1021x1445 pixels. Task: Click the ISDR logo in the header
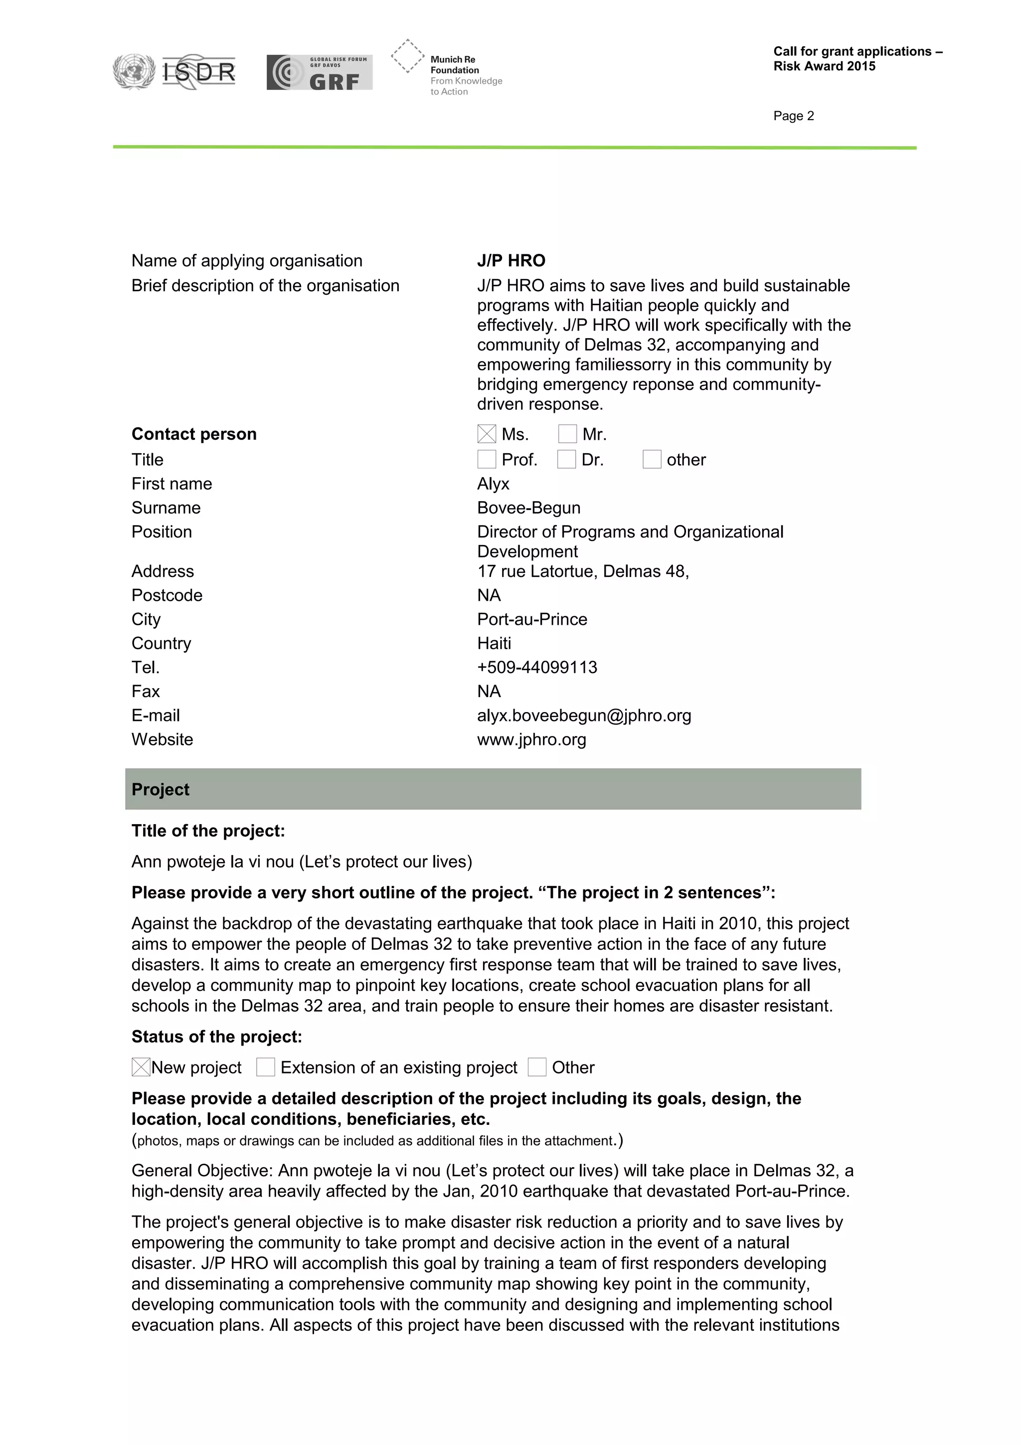pos(175,71)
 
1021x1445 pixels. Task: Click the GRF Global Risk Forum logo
pos(319,72)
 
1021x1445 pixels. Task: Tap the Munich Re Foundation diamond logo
pos(408,56)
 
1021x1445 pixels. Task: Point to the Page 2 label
pos(793,116)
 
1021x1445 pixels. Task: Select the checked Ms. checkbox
pos(486,434)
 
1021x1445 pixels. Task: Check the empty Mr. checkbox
pos(567,434)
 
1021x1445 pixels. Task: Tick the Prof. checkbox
pos(486,459)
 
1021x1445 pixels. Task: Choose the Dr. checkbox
pos(566,459)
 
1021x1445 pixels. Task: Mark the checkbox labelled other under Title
pos(652,459)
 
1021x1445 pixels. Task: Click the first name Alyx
pos(493,484)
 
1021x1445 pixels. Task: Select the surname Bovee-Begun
pos(528,508)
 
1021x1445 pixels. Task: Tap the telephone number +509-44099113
pos(536,667)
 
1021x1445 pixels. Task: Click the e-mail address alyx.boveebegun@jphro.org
pos(584,716)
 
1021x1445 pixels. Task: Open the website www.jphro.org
pos(531,739)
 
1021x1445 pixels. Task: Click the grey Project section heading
pos(493,789)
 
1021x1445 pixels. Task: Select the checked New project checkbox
pos(141,1068)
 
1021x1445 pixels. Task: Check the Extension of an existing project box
pos(266,1068)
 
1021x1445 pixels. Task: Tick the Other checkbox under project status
pos(536,1068)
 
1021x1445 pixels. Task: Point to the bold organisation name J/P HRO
pos(511,261)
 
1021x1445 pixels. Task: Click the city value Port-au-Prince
pos(531,619)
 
